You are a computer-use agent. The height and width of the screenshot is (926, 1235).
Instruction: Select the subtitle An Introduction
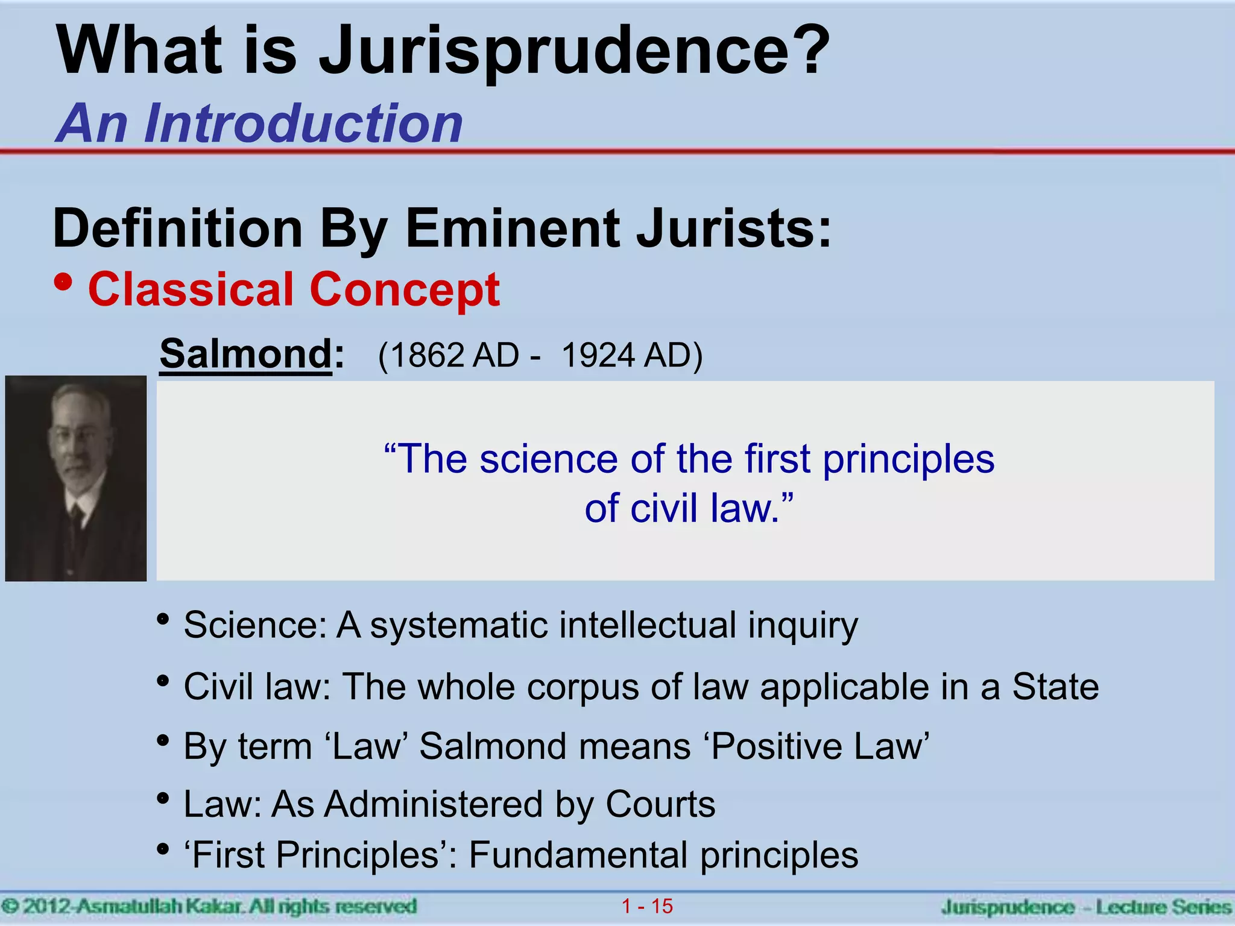pyautogui.click(x=259, y=124)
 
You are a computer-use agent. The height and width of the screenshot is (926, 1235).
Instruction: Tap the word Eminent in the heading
pyautogui.click(x=513, y=229)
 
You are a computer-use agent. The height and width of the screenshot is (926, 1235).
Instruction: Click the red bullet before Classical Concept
pyautogui.click(x=63, y=282)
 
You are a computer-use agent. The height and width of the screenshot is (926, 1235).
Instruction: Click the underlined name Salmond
pyautogui.click(x=245, y=354)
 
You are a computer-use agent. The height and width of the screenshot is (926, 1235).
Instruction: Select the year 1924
pyautogui.click(x=598, y=355)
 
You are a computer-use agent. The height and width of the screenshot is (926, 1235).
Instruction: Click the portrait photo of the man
pyautogui.click(x=76, y=478)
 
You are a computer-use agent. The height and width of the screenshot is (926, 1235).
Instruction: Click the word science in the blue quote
pyautogui.click(x=548, y=459)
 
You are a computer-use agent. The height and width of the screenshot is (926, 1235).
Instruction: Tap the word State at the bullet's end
pyautogui.click(x=1055, y=687)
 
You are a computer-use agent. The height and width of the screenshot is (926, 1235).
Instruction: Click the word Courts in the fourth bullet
pyautogui.click(x=660, y=804)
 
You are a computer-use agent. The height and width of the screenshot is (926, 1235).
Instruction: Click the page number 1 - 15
pyautogui.click(x=647, y=906)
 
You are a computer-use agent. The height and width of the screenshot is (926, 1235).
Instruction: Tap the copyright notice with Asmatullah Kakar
pyautogui.click(x=209, y=906)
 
